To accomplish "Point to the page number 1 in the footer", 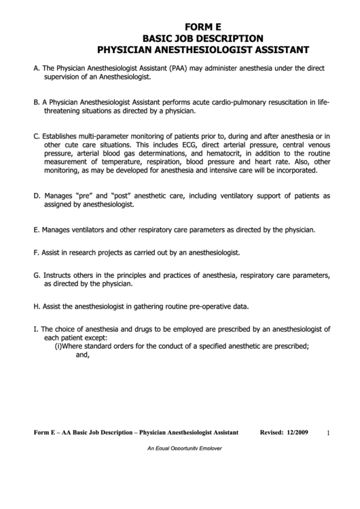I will (x=327, y=433).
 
